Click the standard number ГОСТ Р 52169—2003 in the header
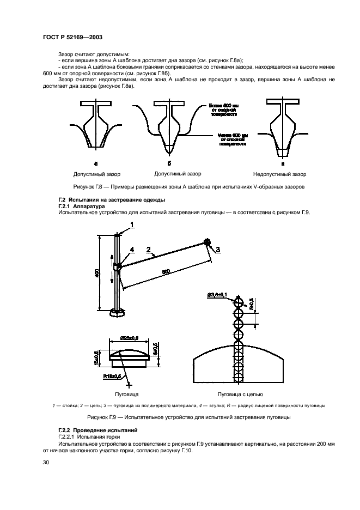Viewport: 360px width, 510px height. (x=72, y=37)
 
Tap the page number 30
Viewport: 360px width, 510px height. (x=46, y=462)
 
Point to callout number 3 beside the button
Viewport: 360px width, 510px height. (x=218, y=250)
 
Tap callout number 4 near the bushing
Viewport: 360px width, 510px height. (x=131, y=250)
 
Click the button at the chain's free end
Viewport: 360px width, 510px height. (x=208, y=242)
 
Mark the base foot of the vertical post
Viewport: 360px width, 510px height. (x=118, y=312)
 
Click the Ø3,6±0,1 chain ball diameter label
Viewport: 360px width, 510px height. (x=218, y=295)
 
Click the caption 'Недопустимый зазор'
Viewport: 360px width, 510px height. (x=279, y=174)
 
